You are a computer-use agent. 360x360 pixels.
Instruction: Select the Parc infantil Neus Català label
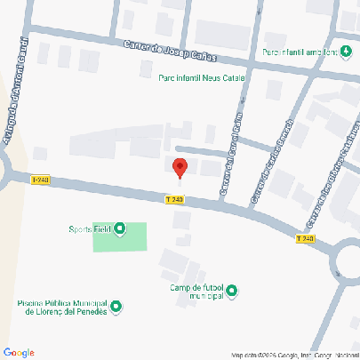point(201,78)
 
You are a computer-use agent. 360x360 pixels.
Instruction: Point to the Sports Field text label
point(91,229)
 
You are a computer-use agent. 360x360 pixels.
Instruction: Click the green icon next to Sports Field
point(121,230)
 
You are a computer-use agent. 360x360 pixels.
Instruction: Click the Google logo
point(19,352)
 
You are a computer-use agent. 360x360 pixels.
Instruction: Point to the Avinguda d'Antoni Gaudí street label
point(17,85)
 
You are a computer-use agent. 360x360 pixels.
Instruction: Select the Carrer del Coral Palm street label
point(230,153)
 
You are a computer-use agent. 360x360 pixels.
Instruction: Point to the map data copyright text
point(293,355)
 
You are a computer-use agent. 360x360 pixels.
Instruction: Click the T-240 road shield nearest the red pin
point(176,199)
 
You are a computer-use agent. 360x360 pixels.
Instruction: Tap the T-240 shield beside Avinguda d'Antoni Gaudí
point(40,180)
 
